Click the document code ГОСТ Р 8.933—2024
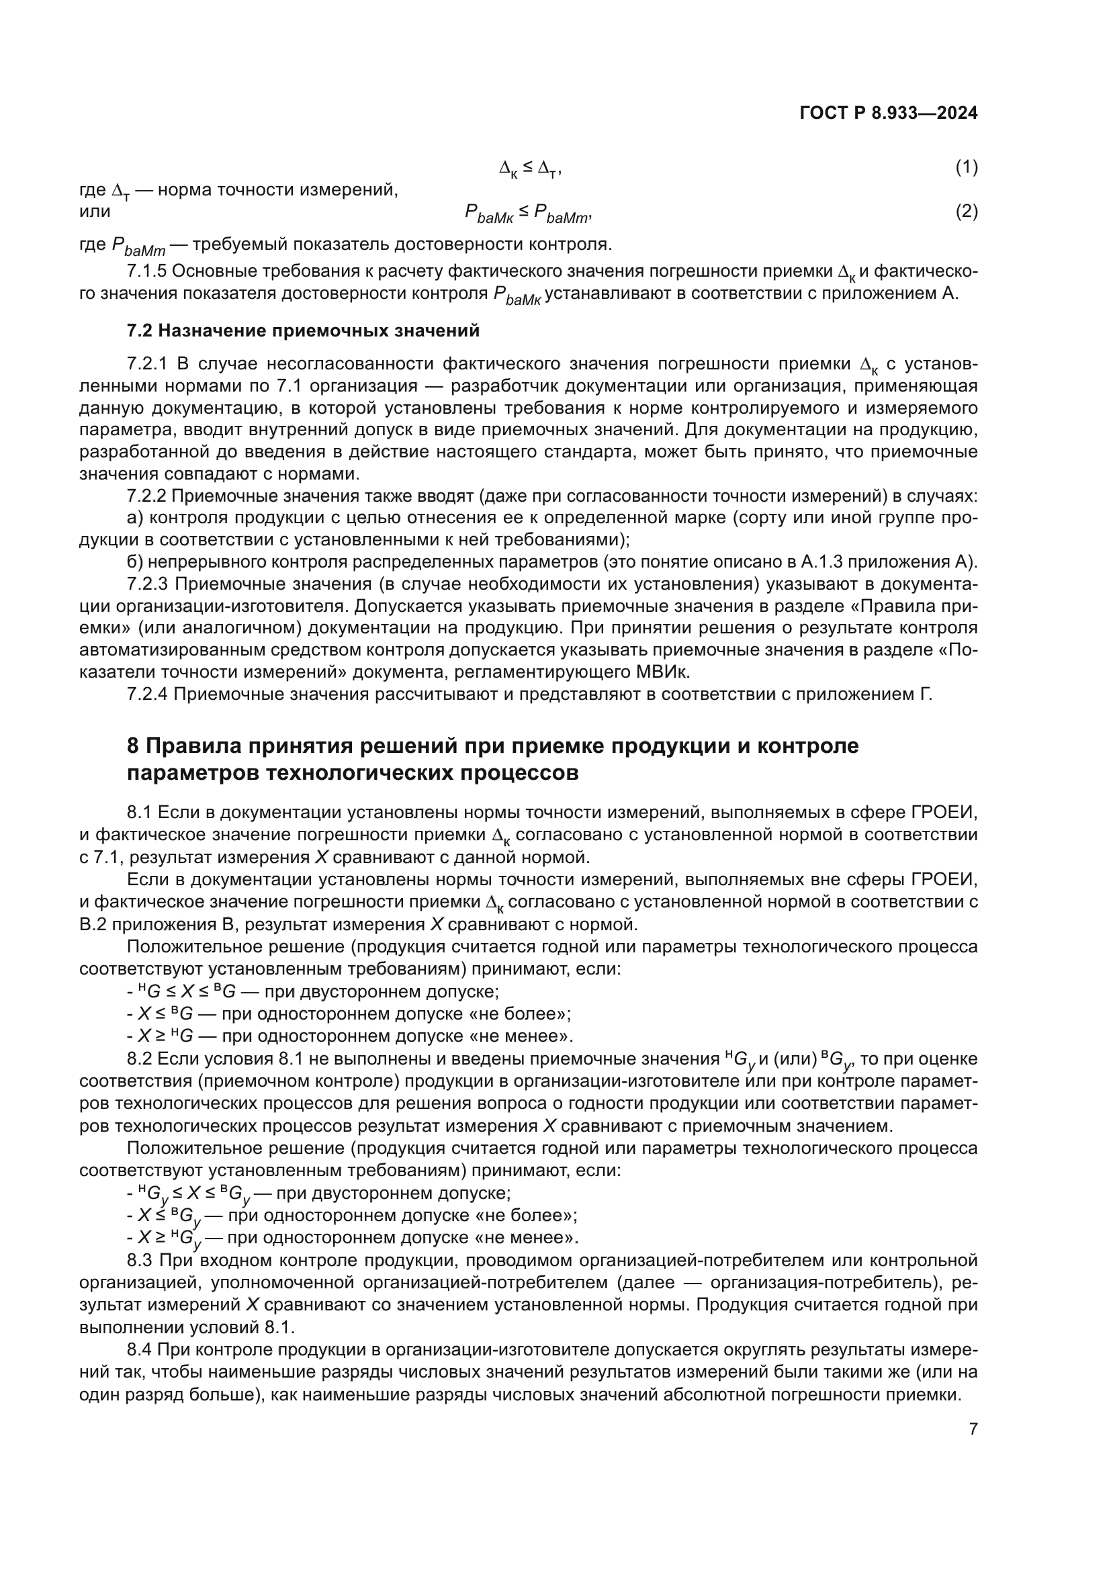(x=888, y=114)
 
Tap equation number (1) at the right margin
(x=966, y=167)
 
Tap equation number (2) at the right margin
(x=966, y=212)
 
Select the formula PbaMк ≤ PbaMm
(x=527, y=214)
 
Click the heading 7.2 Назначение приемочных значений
(x=303, y=331)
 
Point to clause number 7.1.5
(x=146, y=271)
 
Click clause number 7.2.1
(x=146, y=363)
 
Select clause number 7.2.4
(x=146, y=694)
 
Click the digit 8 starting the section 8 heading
(x=133, y=746)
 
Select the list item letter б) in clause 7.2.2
(x=135, y=562)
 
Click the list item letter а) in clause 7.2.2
(x=135, y=518)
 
